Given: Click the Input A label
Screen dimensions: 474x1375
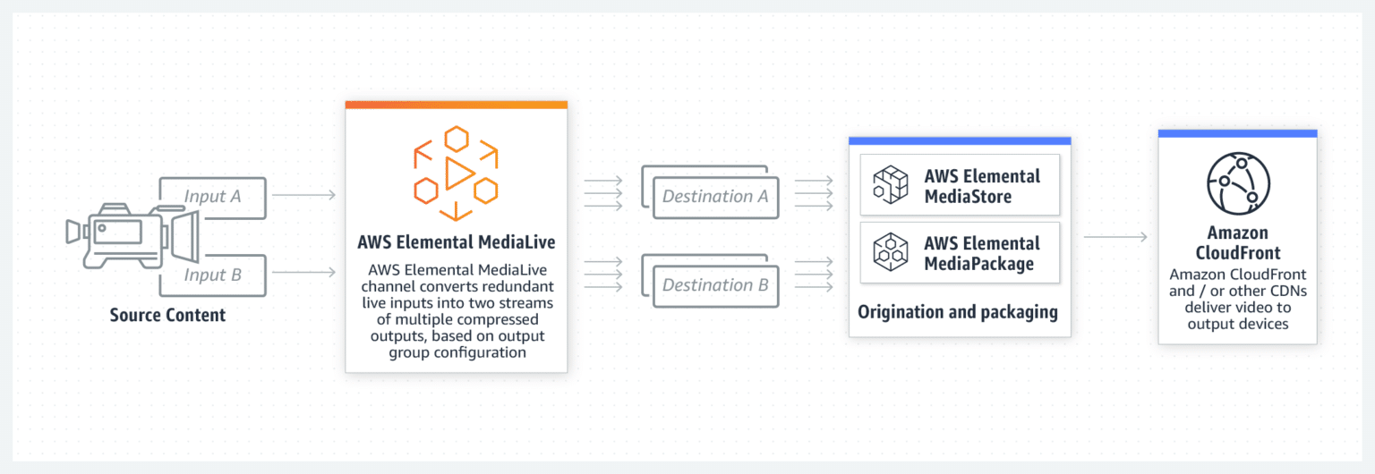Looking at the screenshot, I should click(212, 196).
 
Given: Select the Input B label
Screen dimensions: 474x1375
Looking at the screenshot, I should click(212, 275).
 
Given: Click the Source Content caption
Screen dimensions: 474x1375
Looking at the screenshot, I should click(167, 315).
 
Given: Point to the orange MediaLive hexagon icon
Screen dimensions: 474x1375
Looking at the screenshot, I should click(456, 173).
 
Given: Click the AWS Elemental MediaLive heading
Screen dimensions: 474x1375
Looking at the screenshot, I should click(456, 242).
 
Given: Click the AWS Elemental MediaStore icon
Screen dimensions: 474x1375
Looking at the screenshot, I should click(891, 185).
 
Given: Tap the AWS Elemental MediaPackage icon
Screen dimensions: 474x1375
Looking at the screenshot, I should click(891, 252).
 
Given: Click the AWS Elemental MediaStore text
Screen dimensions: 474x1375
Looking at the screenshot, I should click(981, 185).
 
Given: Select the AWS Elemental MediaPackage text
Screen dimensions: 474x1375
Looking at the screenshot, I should click(981, 253).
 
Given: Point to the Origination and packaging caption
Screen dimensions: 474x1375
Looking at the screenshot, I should click(958, 312).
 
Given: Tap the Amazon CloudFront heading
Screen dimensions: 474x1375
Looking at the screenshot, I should click(1237, 242).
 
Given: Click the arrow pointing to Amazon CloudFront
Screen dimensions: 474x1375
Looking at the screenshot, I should click(1115, 237).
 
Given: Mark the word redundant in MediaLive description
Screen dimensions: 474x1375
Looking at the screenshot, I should click(513, 286).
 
